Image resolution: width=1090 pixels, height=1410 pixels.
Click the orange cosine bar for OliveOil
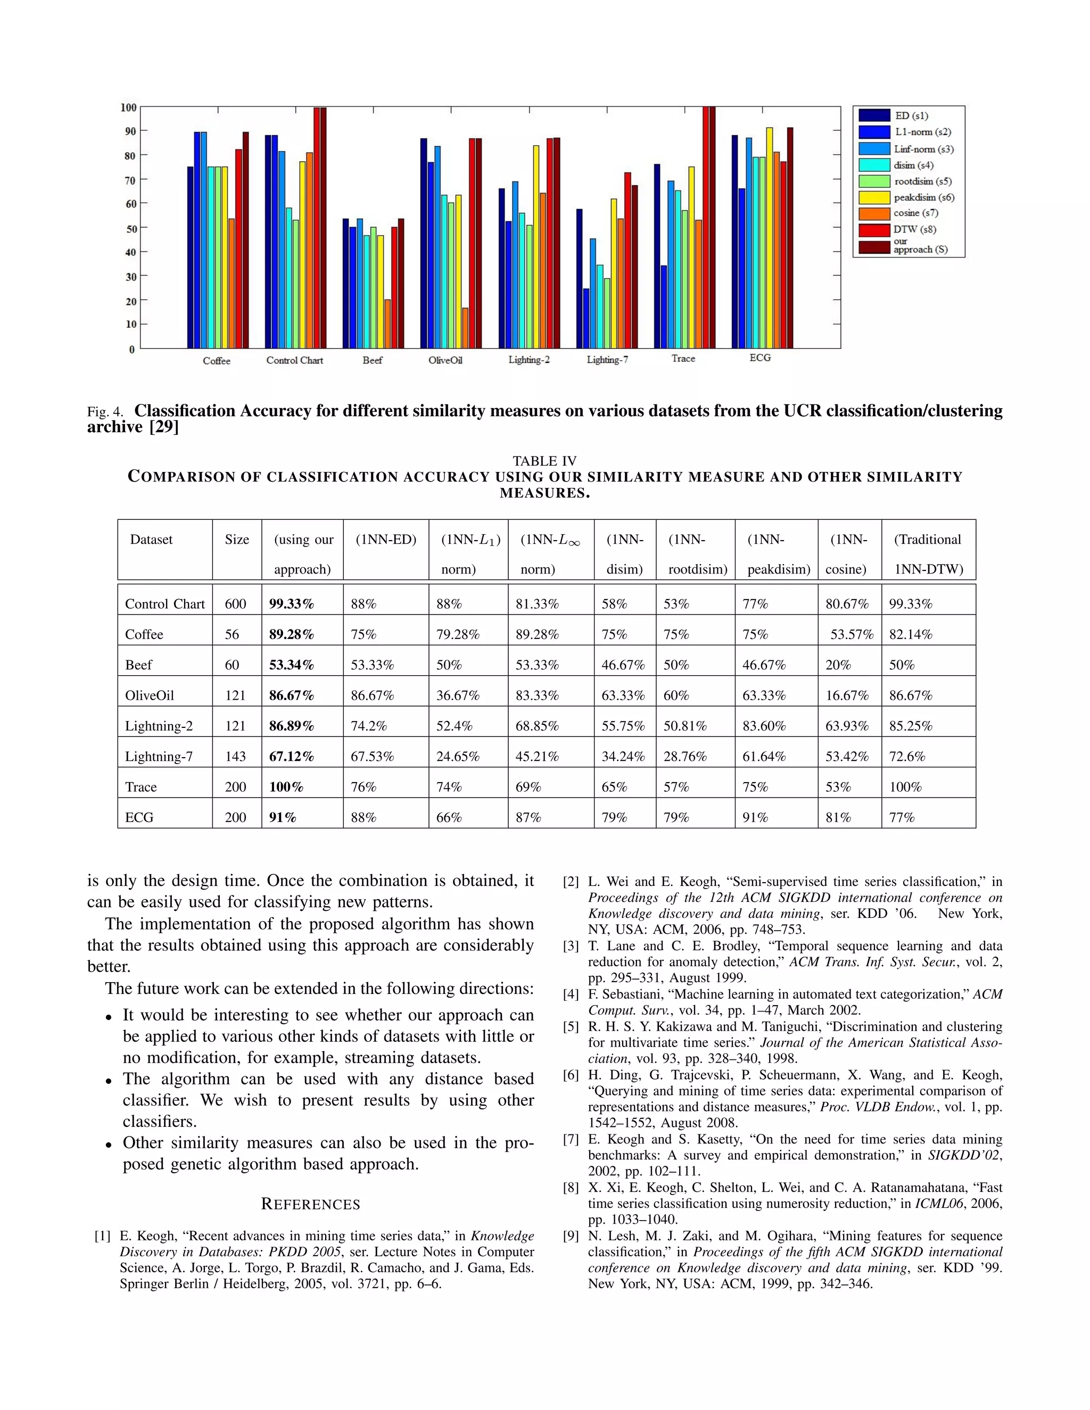pyautogui.click(x=465, y=328)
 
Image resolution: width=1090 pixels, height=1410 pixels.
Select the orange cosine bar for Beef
pyautogui.click(x=387, y=324)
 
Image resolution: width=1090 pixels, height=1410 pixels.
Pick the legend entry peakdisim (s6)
pyautogui.click(x=923, y=197)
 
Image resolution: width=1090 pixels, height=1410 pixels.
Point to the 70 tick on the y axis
pyautogui.click(x=130, y=180)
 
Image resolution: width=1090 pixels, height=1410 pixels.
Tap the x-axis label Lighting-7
pyautogui.click(x=607, y=360)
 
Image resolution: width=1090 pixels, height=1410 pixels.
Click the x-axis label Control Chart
pyautogui.click(x=294, y=360)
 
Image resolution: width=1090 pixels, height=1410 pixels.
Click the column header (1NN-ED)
pyautogui.click(x=385, y=540)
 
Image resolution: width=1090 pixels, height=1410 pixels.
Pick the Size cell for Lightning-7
pyautogui.click(x=236, y=756)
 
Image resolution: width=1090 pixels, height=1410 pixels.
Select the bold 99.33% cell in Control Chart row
pyautogui.click(x=291, y=604)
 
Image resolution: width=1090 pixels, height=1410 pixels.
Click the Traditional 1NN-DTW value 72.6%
pyautogui.click(x=906, y=756)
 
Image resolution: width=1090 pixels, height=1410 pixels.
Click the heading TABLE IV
pyautogui.click(x=544, y=461)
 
